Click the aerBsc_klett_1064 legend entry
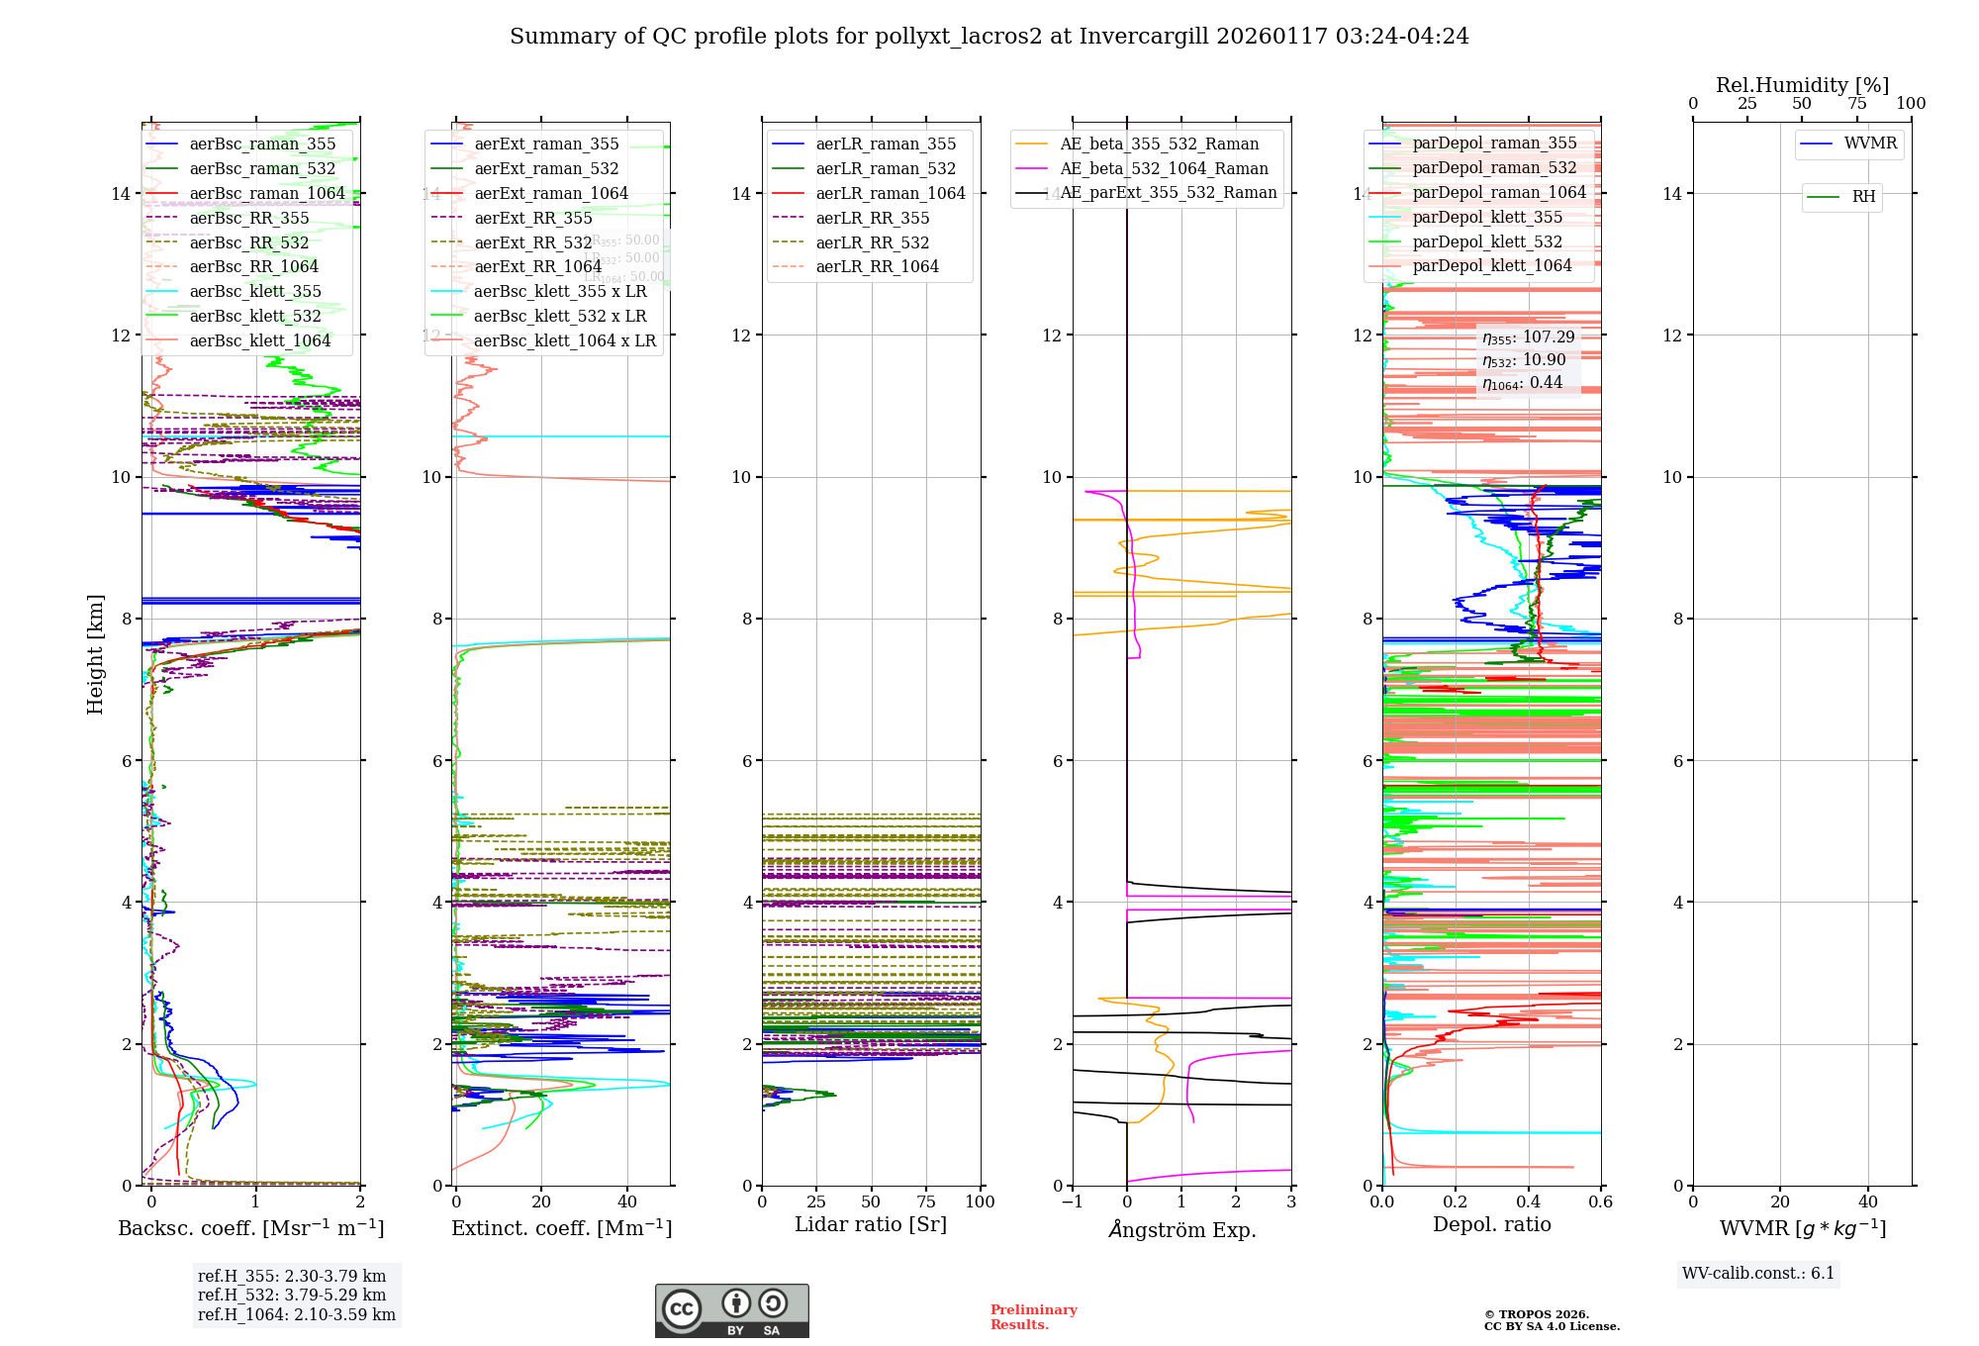click(259, 340)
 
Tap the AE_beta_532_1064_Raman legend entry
click(1164, 168)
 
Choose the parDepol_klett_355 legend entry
click(1487, 217)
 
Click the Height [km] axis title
click(95, 654)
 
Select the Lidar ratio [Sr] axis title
click(871, 1224)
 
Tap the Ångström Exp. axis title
click(1181, 1229)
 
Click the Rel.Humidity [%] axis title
click(1802, 85)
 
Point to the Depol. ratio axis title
click(1491, 1224)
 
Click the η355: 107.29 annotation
click(1528, 337)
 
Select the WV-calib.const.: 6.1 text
click(1758, 1274)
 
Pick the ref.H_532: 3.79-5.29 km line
click(292, 1295)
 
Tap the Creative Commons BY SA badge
click(731, 1310)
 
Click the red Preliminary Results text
click(1033, 1316)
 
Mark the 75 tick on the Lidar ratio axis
click(926, 1202)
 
